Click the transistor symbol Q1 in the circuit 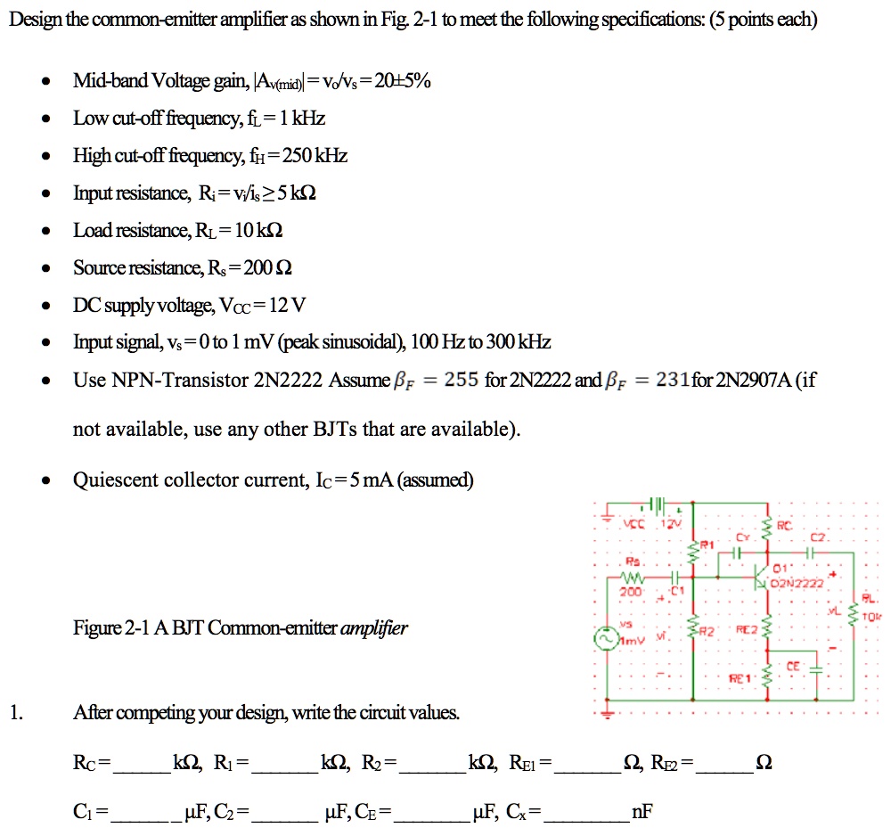[762, 578]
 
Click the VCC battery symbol [657, 505]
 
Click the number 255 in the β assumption [462, 381]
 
